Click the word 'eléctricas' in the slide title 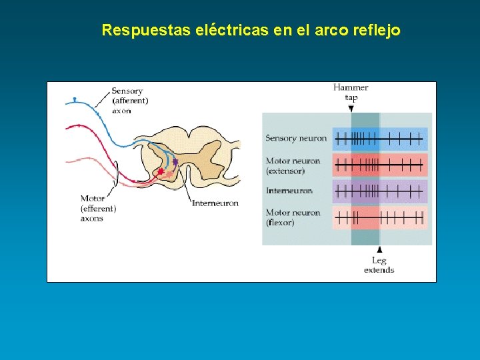pyautogui.click(x=231, y=30)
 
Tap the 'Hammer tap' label pyautogui.click(x=351, y=92)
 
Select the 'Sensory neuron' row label pyautogui.click(x=296, y=139)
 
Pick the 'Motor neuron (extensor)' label pyautogui.click(x=293, y=166)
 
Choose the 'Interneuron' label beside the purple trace pyautogui.click(x=289, y=191)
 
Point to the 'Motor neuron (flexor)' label pyautogui.click(x=293, y=217)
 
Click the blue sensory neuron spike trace pyautogui.click(x=379, y=139)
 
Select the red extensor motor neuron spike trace pyautogui.click(x=379, y=165)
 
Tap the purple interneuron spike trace pyautogui.click(x=379, y=191)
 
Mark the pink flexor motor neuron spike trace pyautogui.click(x=379, y=217)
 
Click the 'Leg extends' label pyautogui.click(x=379, y=265)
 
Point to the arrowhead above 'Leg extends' pyautogui.click(x=379, y=249)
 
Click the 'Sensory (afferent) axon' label pyautogui.click(x=129, y=101)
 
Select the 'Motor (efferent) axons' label pyautogui.click(x=98, y=208)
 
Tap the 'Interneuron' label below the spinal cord pyautogui.click(x=215, y=203)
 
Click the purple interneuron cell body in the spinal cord pyautogui.click(x=175, y=161)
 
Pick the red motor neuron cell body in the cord pyautogui.click(x=161, y=172)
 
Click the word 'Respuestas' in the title pyautogui.click(x=146, y=31)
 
